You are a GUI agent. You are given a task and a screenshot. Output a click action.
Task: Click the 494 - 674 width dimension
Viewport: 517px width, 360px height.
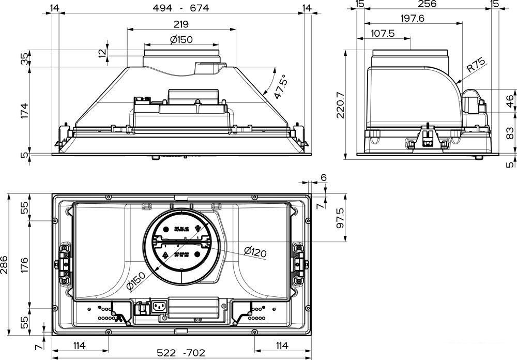click(x=181, y=8)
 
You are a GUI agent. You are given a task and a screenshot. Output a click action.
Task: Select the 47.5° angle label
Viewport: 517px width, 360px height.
click(x=280, y=86)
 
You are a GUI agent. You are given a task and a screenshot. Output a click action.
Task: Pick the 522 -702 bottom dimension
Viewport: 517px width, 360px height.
click(x=181, y=353)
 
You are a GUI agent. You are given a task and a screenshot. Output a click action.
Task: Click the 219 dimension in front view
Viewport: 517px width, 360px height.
click(x=181, y=24)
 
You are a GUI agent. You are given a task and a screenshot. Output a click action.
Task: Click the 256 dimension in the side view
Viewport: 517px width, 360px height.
click(x=427, y=5)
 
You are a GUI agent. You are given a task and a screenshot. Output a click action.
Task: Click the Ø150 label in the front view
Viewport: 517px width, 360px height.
click(x=181, y=39)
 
